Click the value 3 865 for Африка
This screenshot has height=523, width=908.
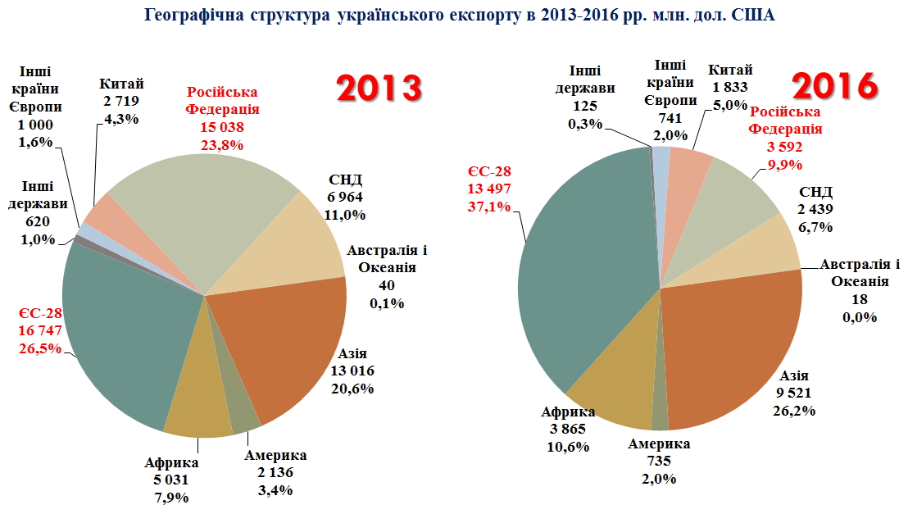coord(567,429)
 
